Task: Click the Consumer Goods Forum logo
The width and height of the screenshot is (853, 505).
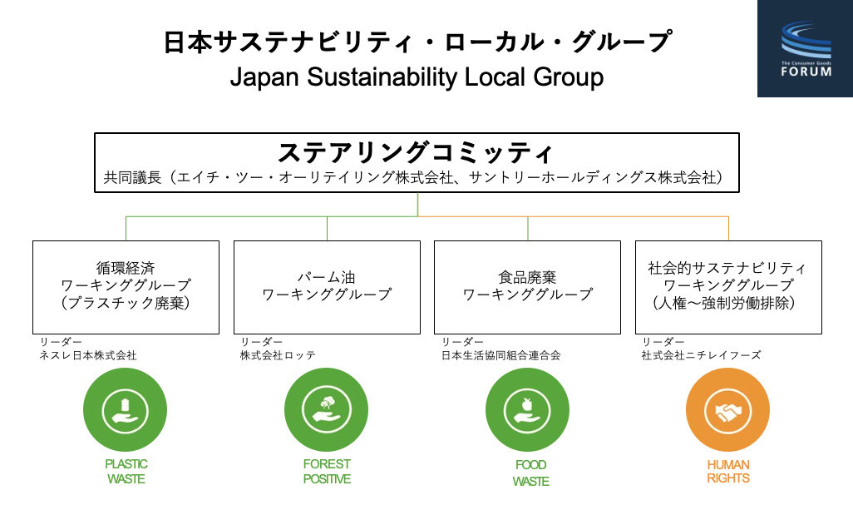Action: coord(805,48)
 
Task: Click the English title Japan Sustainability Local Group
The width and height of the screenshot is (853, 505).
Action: coord(417,77)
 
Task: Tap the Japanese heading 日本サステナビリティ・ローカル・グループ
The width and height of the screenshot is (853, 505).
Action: coord(418,42)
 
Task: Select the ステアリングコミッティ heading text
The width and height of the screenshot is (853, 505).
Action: coord(416,152)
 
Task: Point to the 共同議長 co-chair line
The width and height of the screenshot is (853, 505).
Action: coord(413,177)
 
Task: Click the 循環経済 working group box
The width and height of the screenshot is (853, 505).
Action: coord(126,287)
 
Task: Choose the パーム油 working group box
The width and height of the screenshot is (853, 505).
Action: coord(327,287)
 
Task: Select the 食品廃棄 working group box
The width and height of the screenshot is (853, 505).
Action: coord(527,287)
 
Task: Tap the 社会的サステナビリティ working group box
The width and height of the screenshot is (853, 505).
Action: coord(728,287)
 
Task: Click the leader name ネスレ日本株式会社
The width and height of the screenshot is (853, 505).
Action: coord(87,355)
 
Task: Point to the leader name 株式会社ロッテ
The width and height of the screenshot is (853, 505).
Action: coord(278,355)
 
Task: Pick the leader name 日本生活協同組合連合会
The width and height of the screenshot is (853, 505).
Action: coord(500,355)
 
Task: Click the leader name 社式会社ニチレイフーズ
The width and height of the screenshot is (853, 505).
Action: coord(701,355)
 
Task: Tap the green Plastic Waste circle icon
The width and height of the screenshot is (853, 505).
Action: coord(125,410)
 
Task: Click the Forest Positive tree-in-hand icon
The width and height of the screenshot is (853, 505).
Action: coord(327,410)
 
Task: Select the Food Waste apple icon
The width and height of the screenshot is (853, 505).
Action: coord(527,410)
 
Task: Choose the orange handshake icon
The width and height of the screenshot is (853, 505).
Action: coord(728,410)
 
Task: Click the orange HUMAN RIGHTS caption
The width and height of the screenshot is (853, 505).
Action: coord(728,471)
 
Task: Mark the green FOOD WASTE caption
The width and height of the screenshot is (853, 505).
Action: coord(531,473)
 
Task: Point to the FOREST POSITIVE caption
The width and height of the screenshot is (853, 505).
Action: coord(327,471)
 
